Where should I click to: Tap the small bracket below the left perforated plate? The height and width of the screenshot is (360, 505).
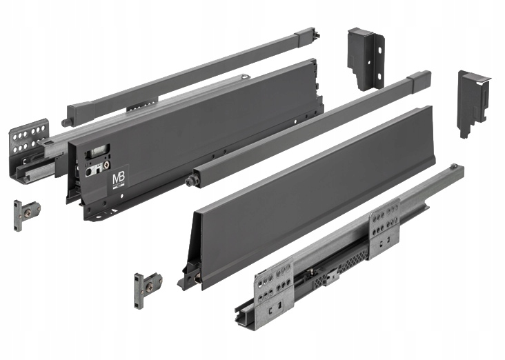point(26,210)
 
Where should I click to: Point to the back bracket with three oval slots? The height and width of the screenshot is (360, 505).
point(365,58)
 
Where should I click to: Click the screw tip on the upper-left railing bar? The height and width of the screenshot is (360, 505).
point(66,123)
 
